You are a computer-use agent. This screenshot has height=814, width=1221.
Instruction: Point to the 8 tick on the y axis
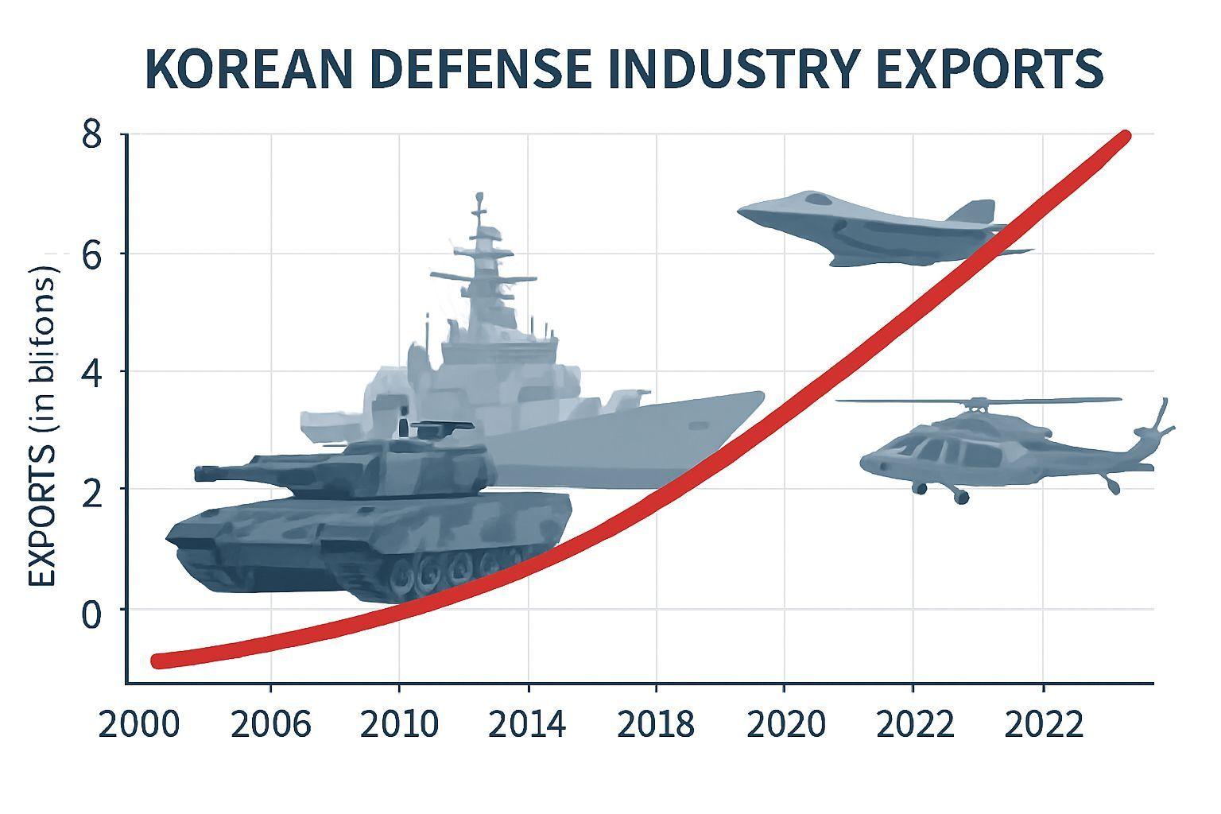click(x=92, y=135)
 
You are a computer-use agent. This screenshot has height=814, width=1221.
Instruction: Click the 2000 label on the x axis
click(x=138, y=725)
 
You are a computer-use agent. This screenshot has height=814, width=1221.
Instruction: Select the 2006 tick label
click(x=271, y=725)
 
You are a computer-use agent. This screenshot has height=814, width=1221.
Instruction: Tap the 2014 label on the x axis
click(x=527, y=725)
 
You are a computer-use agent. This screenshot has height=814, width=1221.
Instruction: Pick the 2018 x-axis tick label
click(x=656, y=725)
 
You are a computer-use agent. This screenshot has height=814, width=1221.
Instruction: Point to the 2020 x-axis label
click(x=785, y=725)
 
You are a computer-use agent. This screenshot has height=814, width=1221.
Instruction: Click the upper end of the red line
click(x=1123, y=137)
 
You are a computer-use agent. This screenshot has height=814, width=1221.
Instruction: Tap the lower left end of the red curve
click(x=158, y=661)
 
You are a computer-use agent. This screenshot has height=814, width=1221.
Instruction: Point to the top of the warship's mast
click(x=479, y=196)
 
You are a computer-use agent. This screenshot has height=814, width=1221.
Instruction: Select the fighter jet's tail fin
click(x=974, y=211)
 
